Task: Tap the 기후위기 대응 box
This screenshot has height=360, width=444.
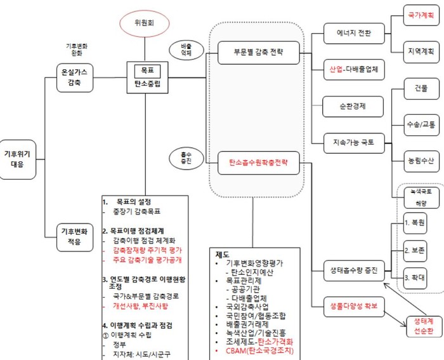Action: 17,159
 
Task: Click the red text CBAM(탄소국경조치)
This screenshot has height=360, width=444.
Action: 252,350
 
